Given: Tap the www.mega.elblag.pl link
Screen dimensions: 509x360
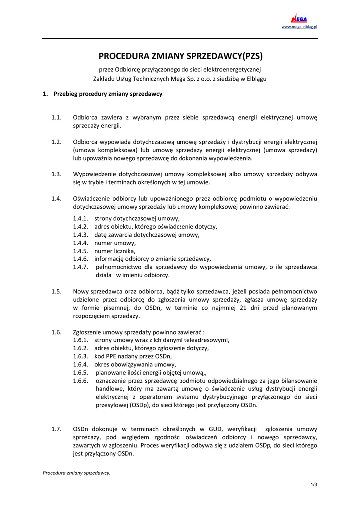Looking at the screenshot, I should click(x=299, y=27).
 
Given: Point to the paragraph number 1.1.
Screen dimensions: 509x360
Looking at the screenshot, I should click(x=56, y=118).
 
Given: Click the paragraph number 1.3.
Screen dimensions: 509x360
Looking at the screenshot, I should click(x=56, y=174).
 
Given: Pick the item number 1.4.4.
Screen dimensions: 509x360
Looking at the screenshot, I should click(x=80, y=243).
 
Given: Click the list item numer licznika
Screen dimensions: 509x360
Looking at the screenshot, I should click(x=115, y=251).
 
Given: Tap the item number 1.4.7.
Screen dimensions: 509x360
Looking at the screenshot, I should click(x=80, y=267).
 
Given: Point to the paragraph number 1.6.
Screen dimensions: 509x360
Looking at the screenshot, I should click(x=56, y=332).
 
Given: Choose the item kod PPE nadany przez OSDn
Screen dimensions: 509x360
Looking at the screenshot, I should click(x=133, y=356).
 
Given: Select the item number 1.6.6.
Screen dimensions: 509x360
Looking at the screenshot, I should click(x=80, y=381).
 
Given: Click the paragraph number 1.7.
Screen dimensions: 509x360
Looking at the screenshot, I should click(x=56, y=429).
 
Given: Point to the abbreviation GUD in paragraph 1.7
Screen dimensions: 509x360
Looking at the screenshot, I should click(x=209, y=429).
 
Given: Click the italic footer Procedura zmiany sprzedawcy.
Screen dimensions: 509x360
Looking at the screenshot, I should click(x=77, y=473).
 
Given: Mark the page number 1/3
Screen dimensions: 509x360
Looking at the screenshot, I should click(x=314, y=485).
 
